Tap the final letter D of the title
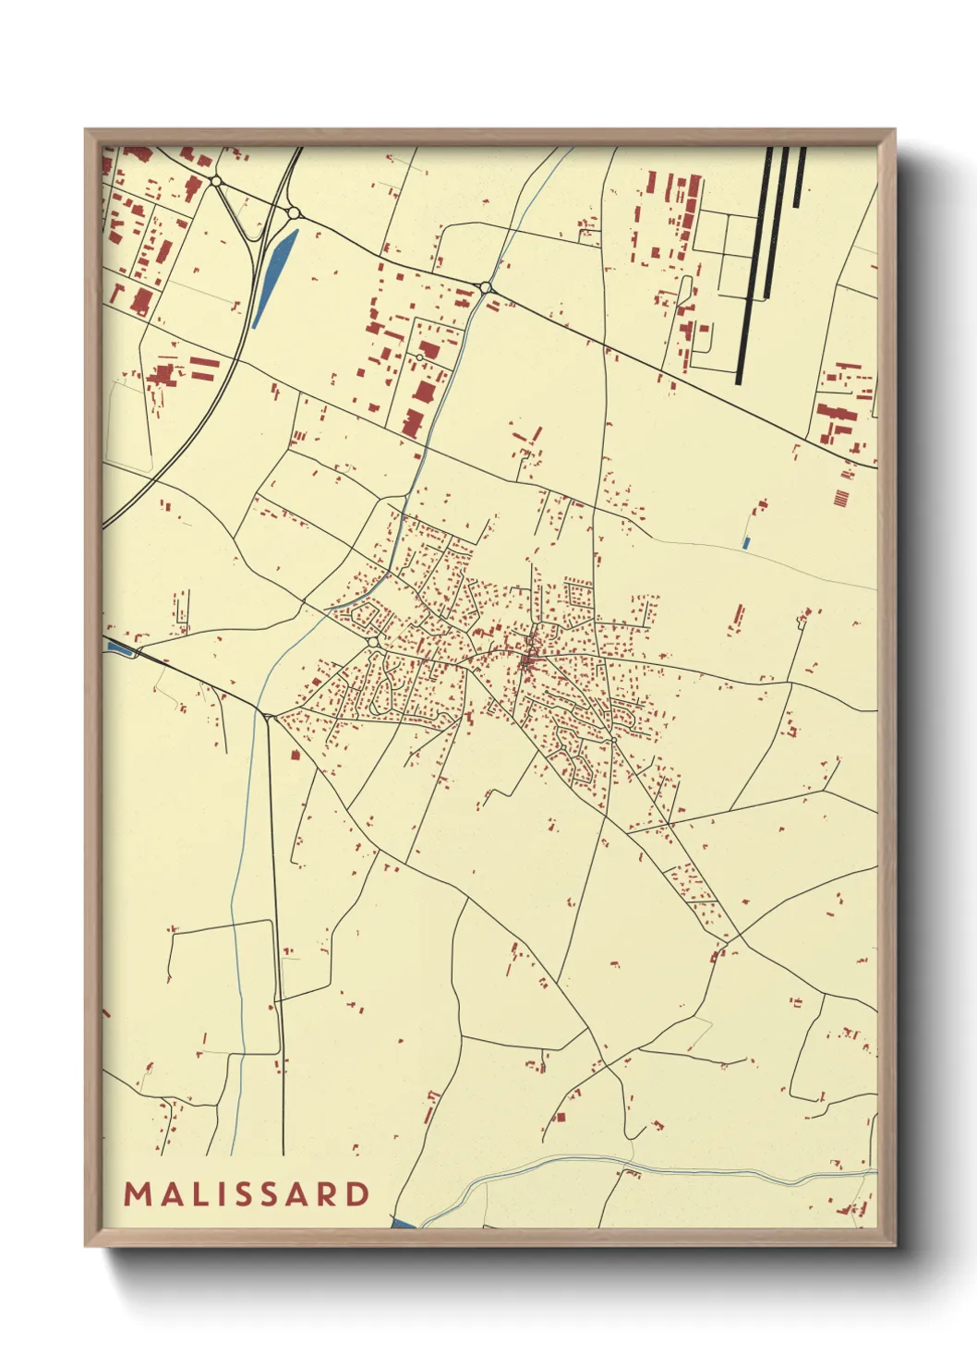click(x=357, y=1194)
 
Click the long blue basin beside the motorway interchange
click(x=275, y=275)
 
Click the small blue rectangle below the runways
click(x=745, y=543)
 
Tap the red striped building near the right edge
click(x=840, y=499)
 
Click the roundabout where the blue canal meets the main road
click(x=486, y=289)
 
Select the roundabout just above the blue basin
click(x=294, y=213)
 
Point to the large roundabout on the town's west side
click(x=373, y=641)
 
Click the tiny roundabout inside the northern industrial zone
click(x=419, y=357)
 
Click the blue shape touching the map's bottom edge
click(x=404, y=1224)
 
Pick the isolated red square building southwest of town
click(x=296, y=755)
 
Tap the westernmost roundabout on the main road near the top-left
click(x=216, y=182)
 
